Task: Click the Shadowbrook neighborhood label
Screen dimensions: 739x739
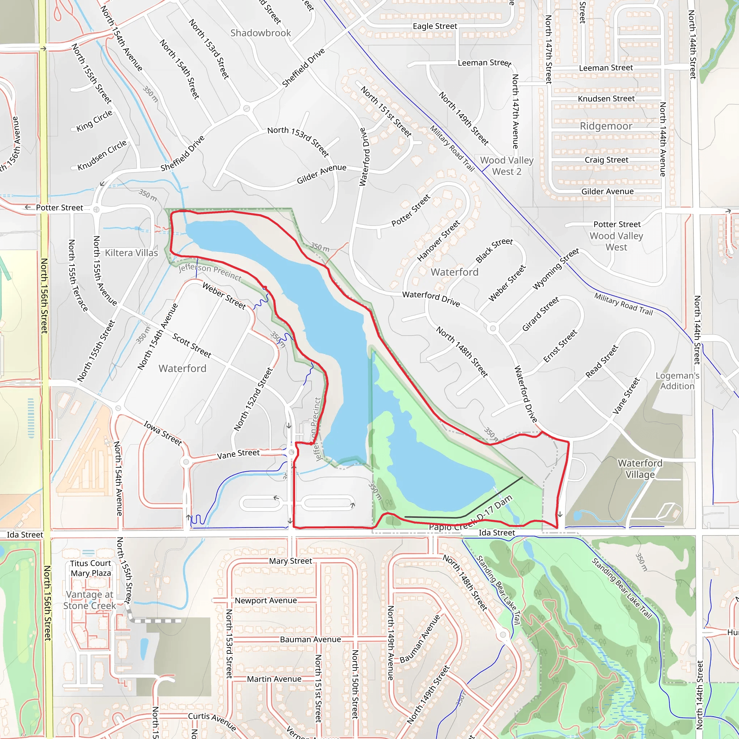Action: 261,33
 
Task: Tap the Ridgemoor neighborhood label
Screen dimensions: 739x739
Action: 606,126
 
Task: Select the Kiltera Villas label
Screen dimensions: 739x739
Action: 131,253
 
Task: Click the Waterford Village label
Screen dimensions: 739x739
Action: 640,469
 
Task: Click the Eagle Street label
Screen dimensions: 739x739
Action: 435,26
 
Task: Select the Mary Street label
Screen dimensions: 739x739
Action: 290,561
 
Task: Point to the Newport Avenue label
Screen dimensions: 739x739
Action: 266,600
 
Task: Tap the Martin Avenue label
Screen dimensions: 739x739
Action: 274,679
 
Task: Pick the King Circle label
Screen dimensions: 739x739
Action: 94,121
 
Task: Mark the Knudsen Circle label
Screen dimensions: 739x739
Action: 102,155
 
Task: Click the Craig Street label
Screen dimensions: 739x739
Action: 606,160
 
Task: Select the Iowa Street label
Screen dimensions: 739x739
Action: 163,433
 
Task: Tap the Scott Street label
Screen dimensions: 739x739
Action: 192,345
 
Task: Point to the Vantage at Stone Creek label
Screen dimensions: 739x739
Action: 89,600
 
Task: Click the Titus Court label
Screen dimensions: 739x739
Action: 90,563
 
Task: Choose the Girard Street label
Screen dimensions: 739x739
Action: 540,314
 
